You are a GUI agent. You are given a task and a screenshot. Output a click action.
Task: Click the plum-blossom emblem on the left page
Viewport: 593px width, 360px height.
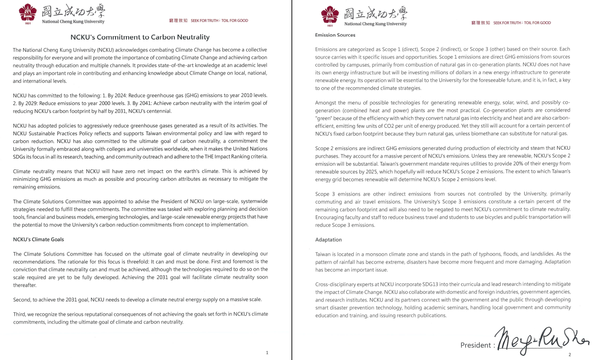(x=28, y=13)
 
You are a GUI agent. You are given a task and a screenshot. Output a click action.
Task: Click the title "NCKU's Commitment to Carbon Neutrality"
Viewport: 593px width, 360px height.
(x=140, y=37)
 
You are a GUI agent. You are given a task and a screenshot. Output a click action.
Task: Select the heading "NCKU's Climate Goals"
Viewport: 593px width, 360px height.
(x=38, y=239)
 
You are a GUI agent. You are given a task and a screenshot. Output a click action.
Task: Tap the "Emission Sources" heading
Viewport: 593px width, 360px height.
(x=335, y=35)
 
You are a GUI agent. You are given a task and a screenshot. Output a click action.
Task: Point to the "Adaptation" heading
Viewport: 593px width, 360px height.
(x=328, y=240)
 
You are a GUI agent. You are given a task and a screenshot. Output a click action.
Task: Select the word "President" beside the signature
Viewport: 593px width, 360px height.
(x=475, y=345)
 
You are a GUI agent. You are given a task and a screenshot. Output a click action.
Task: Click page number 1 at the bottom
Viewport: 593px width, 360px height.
(x=267, y=352)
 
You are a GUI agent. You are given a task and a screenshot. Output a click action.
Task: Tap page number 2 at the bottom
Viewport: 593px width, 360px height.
(x=569, y=355)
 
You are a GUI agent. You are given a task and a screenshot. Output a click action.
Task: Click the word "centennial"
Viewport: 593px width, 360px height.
(x=158, y=111)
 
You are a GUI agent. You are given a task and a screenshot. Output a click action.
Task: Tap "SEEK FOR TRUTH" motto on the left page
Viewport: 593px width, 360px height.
(x=205, y=21)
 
